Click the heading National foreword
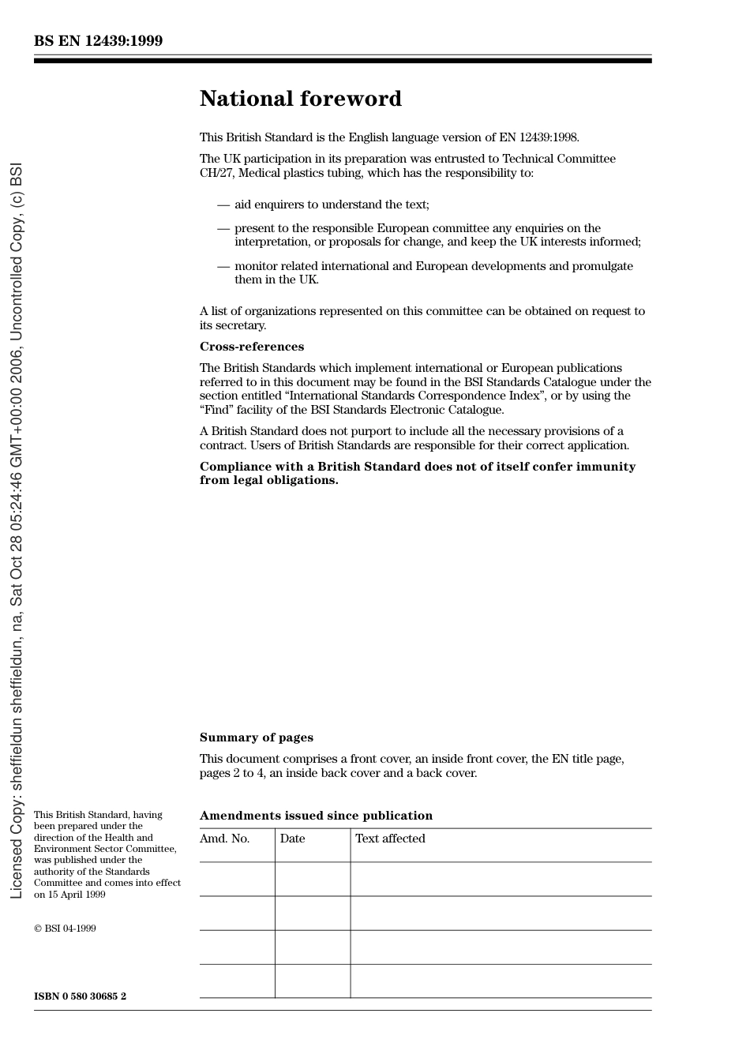pyautogui.click(x=300, y=99)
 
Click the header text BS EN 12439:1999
pyautogui.click(x=98, y=41)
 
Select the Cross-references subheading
pyautogui.click(x=251, y=347)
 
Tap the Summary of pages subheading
pyautogui.click(x=256, y=737)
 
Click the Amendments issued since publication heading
pyautogui.click(x=316, y=816)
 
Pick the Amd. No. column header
pyautogui.click(x=224, y=839)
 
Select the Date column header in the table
pyautogui.click(x=292, y=839)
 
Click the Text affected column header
pyautogui.click(x=390, y=839)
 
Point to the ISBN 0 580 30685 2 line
pyautogui.click(x=80, y=996)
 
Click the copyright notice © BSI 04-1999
pyautogui.click(x=65, y=929)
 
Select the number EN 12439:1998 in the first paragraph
pyautogui.click(x=538, y=137)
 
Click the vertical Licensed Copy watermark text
pyautogui.click(x=16, y=531)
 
